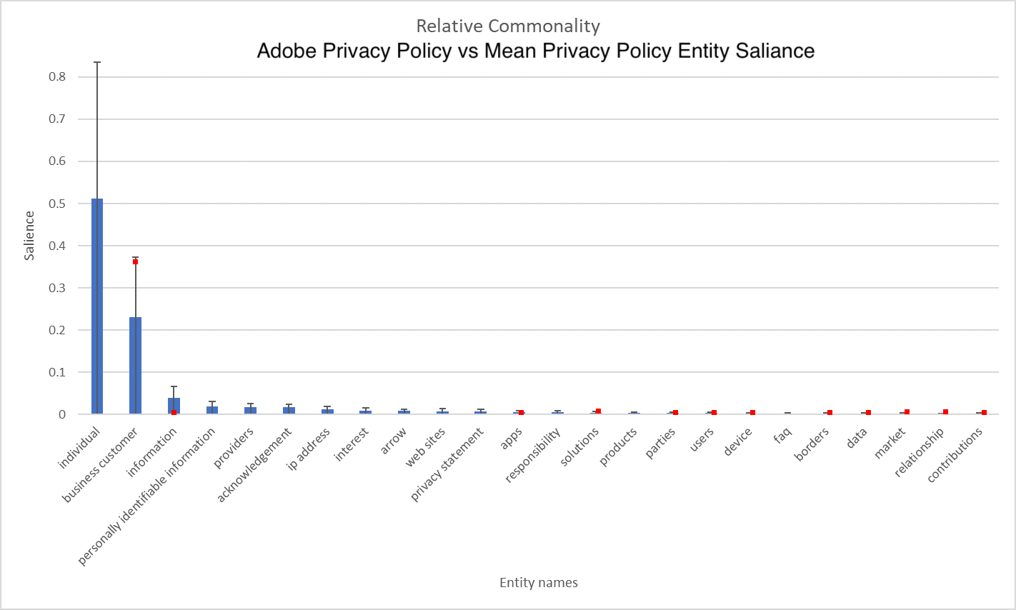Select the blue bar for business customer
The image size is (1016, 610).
click(x=135, y=365)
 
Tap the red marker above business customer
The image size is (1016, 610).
click(x=135, y=261)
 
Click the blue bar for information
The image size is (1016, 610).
click(x=174, y=406)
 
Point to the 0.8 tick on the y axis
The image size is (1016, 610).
click(x=57, y=77)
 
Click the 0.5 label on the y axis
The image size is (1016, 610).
click(x=57, y=204)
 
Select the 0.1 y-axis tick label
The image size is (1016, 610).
click(x=57, y=372)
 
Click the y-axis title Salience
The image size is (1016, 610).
click(x=29, y=236)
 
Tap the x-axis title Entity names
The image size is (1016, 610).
click(x=538, y=583)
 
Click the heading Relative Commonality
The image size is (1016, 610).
click(x=508, y=26)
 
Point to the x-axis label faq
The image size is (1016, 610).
click(x=783, y=434)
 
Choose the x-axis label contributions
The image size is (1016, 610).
click(x=955, y=455)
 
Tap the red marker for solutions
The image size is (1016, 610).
click(x=598, y=411)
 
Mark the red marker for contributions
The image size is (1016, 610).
click(x=984, y=412)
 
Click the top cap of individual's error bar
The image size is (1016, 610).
click(x=97, y=62)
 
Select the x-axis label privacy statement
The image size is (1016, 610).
click(x=447, y=464)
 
